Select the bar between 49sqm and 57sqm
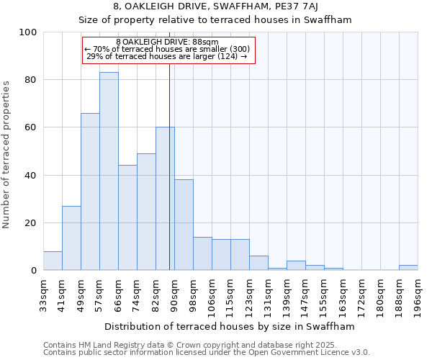tap(90, 192)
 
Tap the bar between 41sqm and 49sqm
tap(71, 238)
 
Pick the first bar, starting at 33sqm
tap(53, 261)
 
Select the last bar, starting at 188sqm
tap(408, 268)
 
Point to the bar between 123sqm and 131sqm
tap(258, 264)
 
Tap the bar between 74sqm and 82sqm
tap(146, 212)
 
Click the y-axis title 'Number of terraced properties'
tap(6, 154)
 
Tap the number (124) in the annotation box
tap(227, 57)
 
